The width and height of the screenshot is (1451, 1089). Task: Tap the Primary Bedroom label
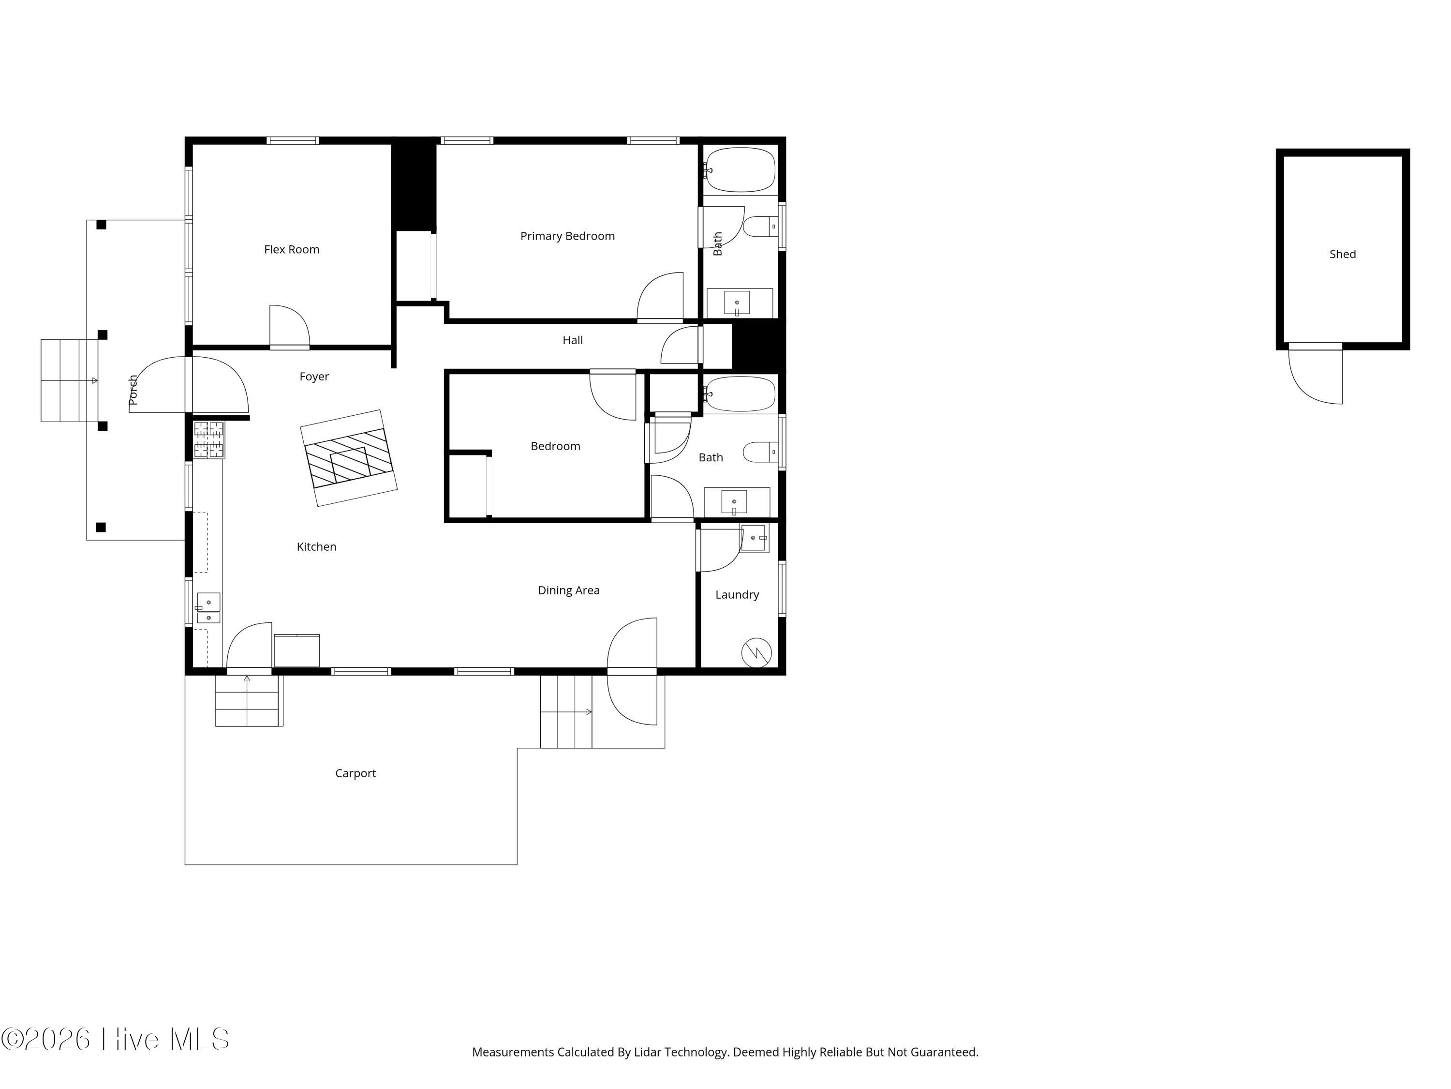pyautogui.click(x=567, y=236)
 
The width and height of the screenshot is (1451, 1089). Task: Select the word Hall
pyautogui.click(x=573, y=340)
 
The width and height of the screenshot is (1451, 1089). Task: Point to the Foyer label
pyautogui.click(x=314, y=377)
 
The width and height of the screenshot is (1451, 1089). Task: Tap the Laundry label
pyautogui.click(x=737, y=595)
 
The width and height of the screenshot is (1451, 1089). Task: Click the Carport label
pyautogui.click(x=355, y=773)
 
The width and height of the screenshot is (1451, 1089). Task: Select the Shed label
pyautogui.click(x=1343, y=254)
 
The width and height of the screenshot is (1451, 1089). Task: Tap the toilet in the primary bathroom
pyautogui.click(x=760, y=227)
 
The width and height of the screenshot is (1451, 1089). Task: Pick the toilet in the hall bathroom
pyautogui.click(x=760, y=452)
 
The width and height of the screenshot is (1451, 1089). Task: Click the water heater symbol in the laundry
pyautogui.click(x=756, y=652)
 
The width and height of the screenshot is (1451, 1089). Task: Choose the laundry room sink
pyautogui.click(x=755, y=538)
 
